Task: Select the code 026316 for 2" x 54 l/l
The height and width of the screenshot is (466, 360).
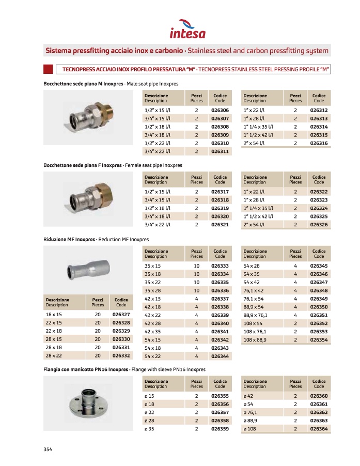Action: click(x=319, y=143)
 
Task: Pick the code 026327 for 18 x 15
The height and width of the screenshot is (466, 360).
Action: click(x=121, y=315)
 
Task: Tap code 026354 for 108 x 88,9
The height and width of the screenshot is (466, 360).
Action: click(x=319, y=339)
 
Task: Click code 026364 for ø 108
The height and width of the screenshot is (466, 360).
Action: click(x=319, y=429)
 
